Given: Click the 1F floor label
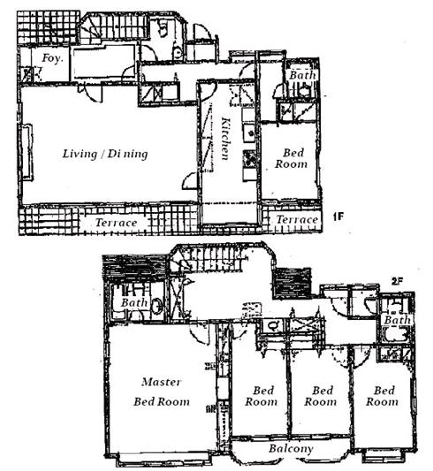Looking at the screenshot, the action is [338, 217].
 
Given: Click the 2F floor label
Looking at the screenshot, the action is [397, 282].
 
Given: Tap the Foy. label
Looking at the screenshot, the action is [52, 58].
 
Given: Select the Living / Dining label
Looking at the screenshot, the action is [105, 154].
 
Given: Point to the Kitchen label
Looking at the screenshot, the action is [225, 139].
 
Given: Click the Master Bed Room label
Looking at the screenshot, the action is [162, 391].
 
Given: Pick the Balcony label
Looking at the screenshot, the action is [291, 449].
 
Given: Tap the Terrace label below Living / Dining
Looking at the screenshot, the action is [117, 223].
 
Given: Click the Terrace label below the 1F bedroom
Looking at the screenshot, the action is [297, 219].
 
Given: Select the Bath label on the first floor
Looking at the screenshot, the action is [303, 75].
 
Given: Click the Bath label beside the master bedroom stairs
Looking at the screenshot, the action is [134, 302].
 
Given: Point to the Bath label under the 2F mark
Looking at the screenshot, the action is [397, 320].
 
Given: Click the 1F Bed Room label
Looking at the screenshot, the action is [292, 158].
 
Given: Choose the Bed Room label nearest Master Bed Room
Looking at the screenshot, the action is [262, 396].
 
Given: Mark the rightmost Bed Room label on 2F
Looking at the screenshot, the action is [383, 396].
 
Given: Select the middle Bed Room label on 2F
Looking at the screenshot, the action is [321, 396].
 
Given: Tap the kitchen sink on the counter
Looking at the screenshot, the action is [249, 133].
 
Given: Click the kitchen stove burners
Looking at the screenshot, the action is [249, 158].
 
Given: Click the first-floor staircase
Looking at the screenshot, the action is [114, 27].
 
